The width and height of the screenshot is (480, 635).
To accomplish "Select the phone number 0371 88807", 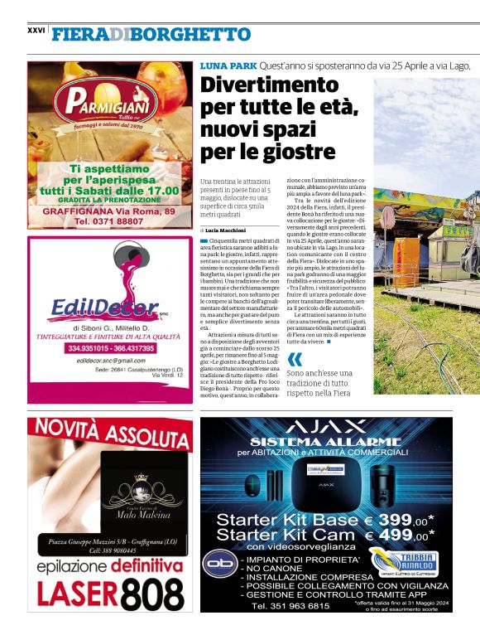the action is pyautogui.click(x=108, y=222).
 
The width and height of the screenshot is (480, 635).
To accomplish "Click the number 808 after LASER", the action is pyautogui.click(x=144, y=594).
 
